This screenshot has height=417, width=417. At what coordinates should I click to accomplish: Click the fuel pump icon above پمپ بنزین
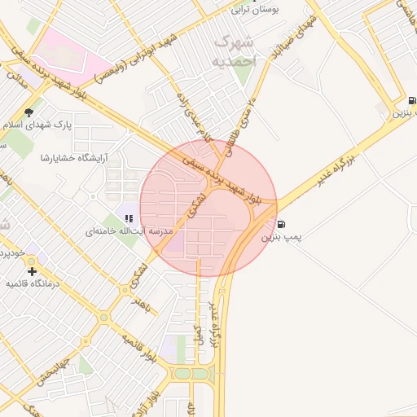tap(282, 225)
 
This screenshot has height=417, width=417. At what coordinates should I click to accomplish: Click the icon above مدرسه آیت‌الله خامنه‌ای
tap(129, 217)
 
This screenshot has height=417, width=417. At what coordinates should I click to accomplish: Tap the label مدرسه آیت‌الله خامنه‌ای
tap(130, 231)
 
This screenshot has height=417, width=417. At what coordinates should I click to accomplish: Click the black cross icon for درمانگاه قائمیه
tap(32, 270)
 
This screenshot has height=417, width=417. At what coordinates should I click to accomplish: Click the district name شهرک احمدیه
tap(234, 50)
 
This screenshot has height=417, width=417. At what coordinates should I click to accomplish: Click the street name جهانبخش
tap(54, 371)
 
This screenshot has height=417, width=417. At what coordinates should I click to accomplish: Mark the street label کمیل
tap(196, 332)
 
